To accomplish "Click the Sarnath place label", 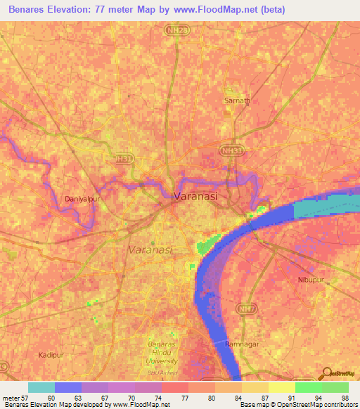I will pos(236,100).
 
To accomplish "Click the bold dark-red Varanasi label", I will pos(195,197).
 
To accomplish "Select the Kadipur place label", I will pos(52,355).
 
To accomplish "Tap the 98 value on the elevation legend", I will pos(345,397).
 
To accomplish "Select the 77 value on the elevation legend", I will pos(184,397).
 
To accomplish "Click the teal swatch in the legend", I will pos(41,387).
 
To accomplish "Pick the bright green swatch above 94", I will pos(308,387).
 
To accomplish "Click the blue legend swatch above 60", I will pos(67,387).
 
